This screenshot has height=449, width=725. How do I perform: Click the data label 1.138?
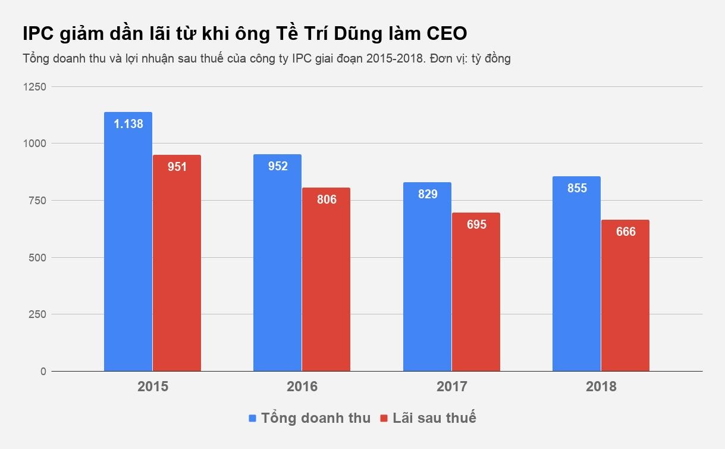pyautogui.click(x=128, y=124)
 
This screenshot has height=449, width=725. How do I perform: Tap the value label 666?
pyautogui.click(x=626, y=232)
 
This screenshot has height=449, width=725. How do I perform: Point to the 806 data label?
pyautogui.click(x=327, y=199)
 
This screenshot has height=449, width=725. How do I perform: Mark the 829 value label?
pyautogui.click(x=428, y=194)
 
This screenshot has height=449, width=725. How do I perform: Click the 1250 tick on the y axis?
pyautogui.click(x=34, y=87)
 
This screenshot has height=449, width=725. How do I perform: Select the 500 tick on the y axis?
pyautogui.click(x=36, y=258)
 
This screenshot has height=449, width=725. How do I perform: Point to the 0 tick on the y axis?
pyautogui.click(x=43, y=372)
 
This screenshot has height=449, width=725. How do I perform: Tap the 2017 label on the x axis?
pyautogui.click(x=451, y=386)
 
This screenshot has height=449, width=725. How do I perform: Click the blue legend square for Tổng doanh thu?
pyautogui.click(x=252, y=418)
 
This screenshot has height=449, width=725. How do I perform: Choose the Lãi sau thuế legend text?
pyautogui.click(x=434, y=418)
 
